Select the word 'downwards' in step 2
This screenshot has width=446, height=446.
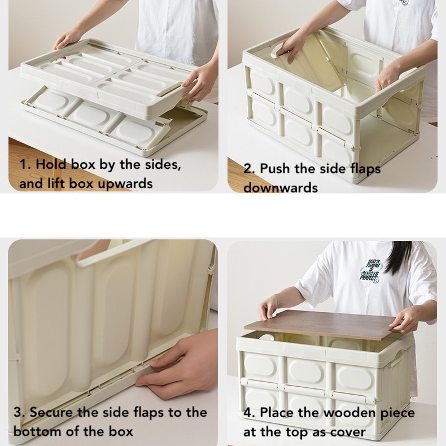[281, 188]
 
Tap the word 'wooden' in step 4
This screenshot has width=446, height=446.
[349, 413]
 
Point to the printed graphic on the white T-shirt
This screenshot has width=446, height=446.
[371, 271]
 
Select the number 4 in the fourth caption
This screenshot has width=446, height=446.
[248, 413]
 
